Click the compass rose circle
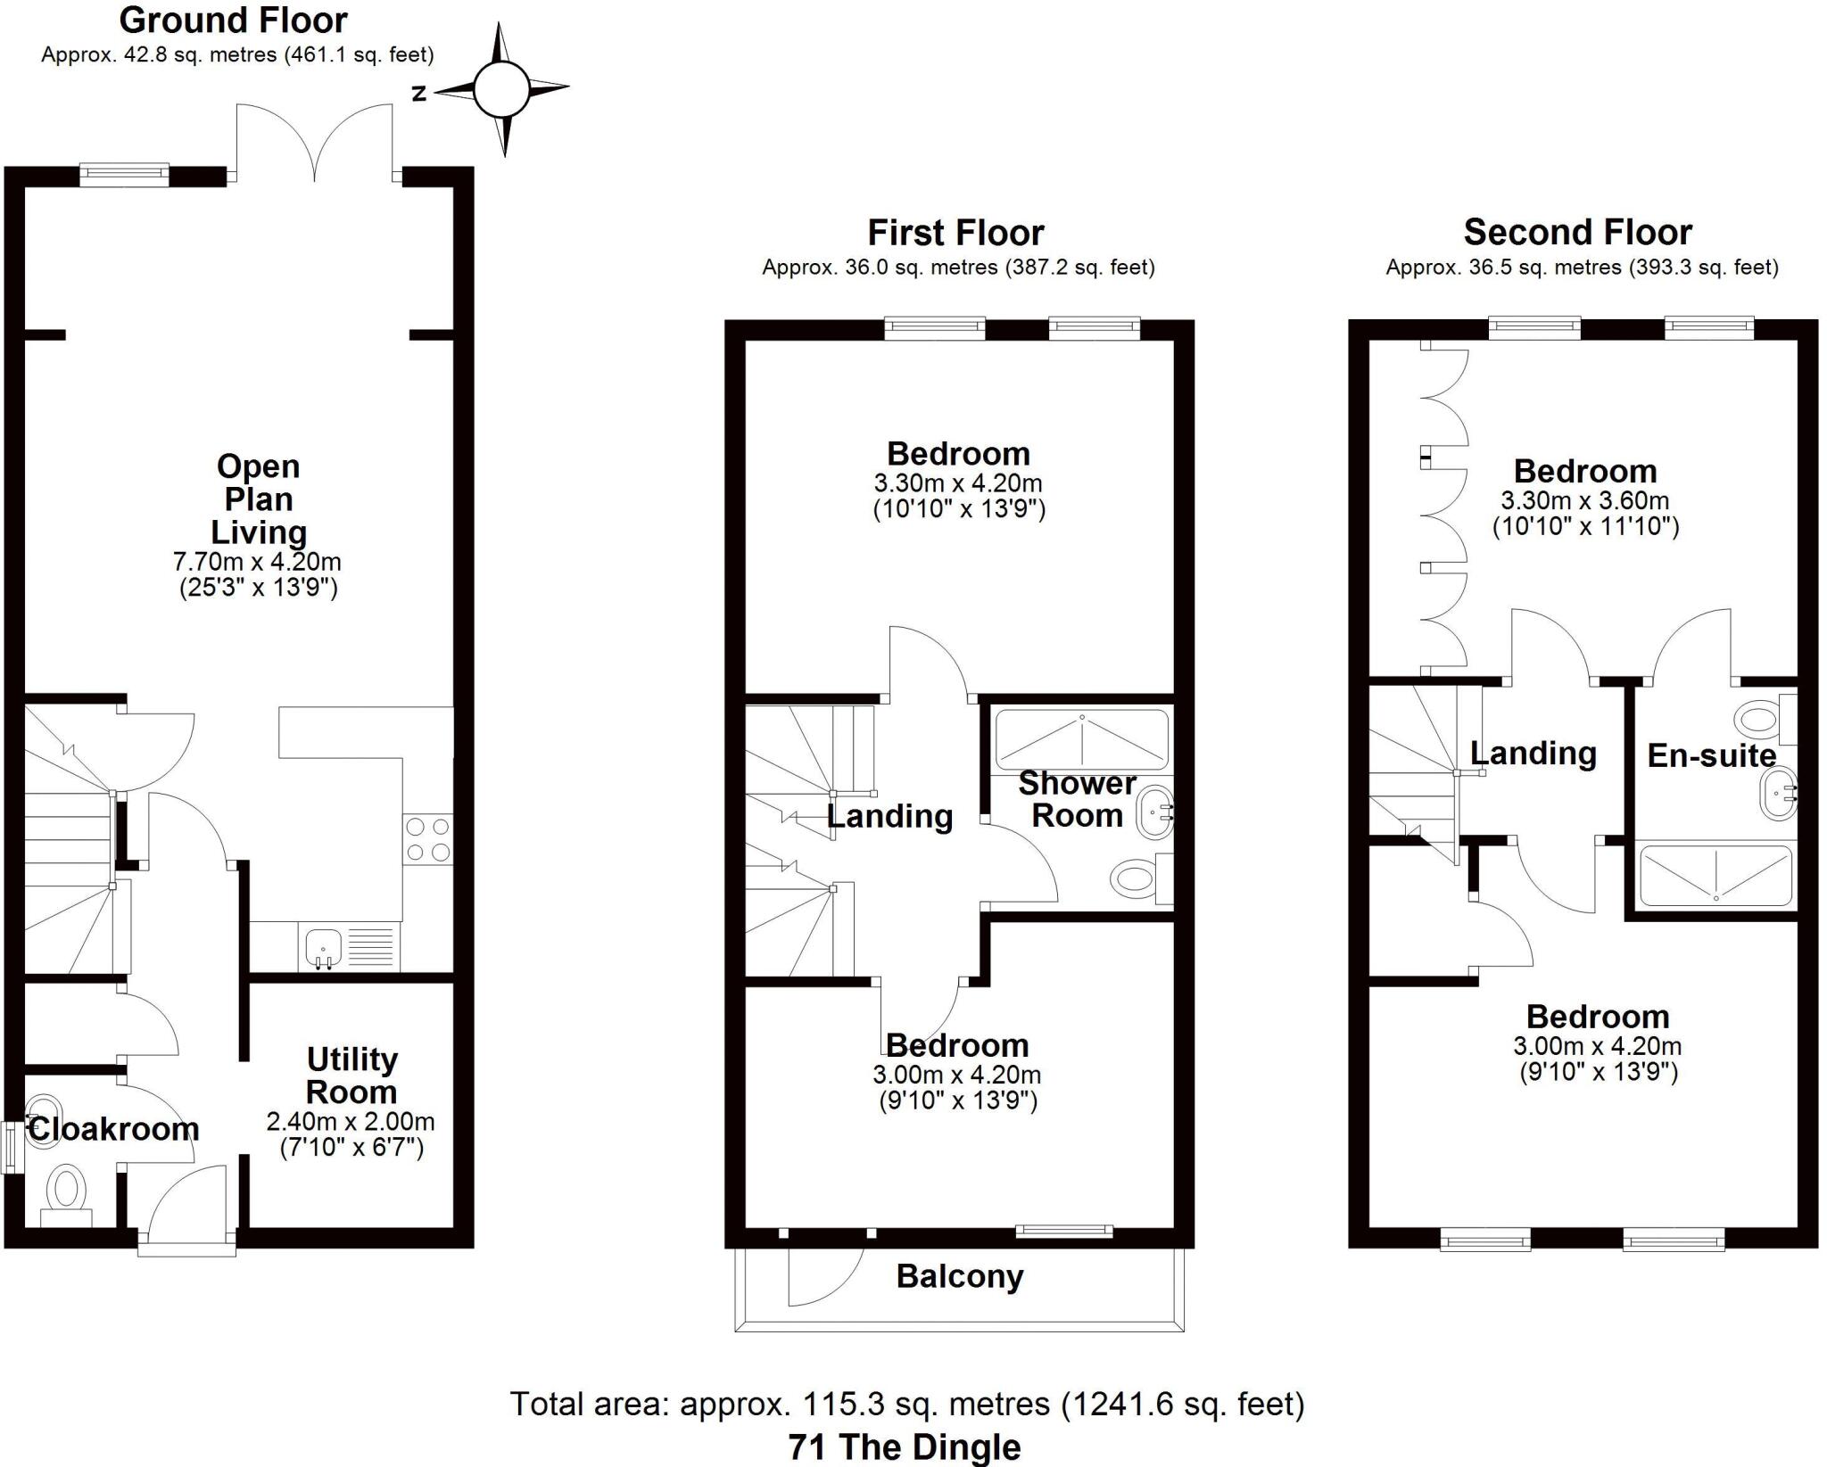coord(501,89)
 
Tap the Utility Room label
coord(351,1076)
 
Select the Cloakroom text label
coord(114,1129)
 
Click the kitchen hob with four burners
coord(428,839)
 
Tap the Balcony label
coord(959,1276)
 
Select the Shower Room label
coord(1077,799)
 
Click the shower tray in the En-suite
coord(1715,875)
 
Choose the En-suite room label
coord(1711,755)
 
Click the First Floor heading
coord(955,233)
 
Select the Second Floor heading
coord(1577,232)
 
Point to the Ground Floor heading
coord(234,20)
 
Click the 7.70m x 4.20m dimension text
coord(257,562)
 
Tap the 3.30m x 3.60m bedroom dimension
coord(1584,500)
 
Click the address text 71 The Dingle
coord(905,1446)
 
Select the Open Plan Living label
coord(259,499)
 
